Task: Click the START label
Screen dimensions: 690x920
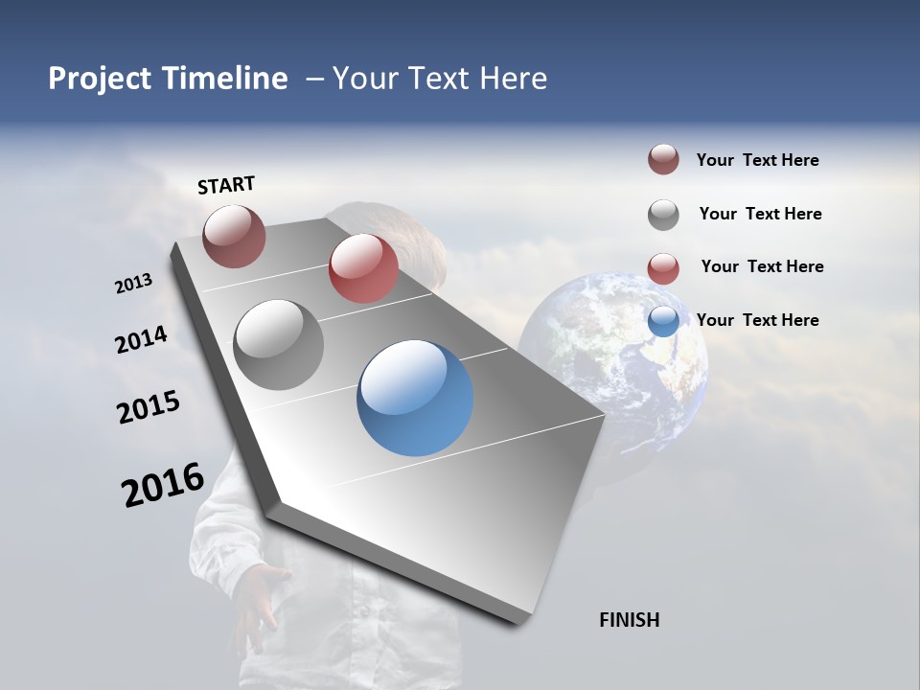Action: (x=226, y=185)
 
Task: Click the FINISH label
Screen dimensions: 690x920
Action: (x=629, y=620)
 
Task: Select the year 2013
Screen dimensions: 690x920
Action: (x=133, y=284)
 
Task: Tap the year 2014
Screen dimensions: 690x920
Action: (x=141, y=340)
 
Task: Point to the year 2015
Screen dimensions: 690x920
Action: (x=149, y=407)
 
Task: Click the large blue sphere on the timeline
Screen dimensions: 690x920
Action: (x=415, y=398)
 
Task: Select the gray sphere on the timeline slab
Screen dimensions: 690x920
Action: (x=278, y=345)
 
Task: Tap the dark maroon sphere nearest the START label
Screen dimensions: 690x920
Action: (x=234, y=236)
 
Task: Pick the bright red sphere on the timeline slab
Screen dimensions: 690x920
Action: (x=363, y=268)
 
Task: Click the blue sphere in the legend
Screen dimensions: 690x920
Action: (x=663, y=321)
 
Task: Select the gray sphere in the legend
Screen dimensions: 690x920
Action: (x=663, y=215)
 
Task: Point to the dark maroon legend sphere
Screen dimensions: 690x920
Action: (x=663, y=159)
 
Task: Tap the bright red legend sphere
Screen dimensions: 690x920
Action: (x=663, y=268)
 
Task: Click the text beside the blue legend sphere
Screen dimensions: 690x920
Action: (x=757, y=320)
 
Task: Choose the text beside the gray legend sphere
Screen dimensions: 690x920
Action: (x=760, y=214)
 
